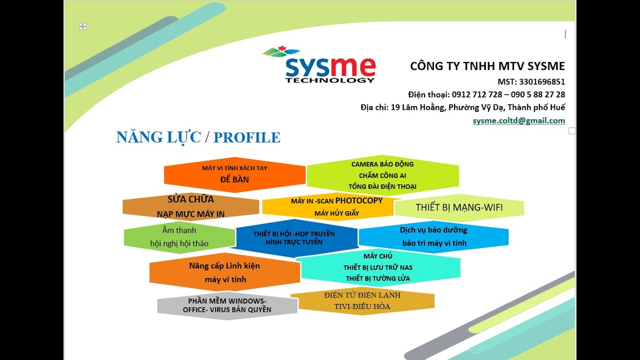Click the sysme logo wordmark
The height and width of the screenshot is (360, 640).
tap(330, 67)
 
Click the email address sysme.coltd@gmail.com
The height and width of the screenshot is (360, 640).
tap(518, 120)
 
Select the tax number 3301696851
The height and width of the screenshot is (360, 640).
tap(542, 82)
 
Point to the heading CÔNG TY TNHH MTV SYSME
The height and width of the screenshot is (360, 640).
tap(487, 66)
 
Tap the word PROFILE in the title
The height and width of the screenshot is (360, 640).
tap(247, 137)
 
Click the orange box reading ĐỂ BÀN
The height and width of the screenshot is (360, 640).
tap(234, 174)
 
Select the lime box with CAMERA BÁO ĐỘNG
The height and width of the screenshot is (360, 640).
tap(382, 175)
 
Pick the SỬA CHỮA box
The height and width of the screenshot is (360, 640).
tap(190, 206)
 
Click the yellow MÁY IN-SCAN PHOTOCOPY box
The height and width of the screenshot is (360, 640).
tap(336, 206)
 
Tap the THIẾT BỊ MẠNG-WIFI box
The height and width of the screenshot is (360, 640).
tap(459, 207)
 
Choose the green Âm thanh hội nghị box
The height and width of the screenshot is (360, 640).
tap(179, 237)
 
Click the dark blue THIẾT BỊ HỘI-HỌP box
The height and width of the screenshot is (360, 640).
tap(294, 237)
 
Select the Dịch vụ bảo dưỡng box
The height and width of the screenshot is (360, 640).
tap(433, 236)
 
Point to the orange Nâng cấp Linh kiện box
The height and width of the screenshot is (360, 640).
tap(225, 272)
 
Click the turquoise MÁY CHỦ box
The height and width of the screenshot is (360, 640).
tap(378, 267)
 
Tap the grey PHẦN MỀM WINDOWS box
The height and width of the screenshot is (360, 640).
tap(227, 305)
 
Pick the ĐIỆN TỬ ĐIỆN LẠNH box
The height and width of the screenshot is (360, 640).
tap(362, 300)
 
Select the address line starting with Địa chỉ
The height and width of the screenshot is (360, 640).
tap(462, 107)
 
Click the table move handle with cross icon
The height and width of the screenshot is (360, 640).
tap(83, 26)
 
